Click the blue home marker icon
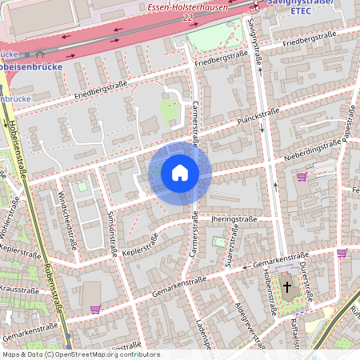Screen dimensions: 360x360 pos(179,173)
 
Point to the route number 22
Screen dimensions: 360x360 pos(187,18)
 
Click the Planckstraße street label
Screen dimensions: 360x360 pos(257,117)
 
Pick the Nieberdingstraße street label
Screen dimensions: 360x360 pos(314,148)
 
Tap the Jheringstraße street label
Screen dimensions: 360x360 pos(233,218)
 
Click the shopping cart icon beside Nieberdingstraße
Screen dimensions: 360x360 pos(302,177)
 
